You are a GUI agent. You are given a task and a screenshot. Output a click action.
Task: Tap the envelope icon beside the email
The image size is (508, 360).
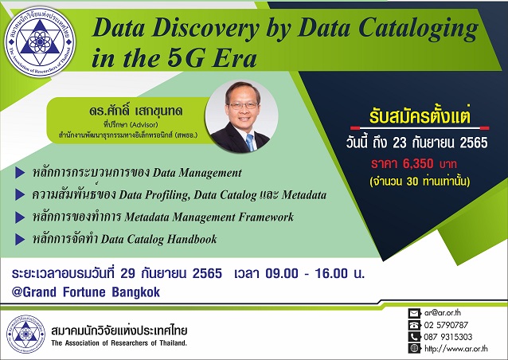pyautogui.click(x=413, y=313)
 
